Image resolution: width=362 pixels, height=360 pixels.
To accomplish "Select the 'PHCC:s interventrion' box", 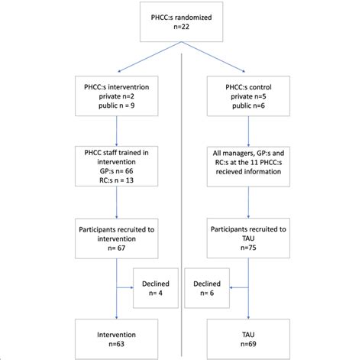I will coord(117,97).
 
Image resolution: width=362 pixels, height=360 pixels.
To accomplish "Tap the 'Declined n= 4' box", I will coord(156,287).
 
